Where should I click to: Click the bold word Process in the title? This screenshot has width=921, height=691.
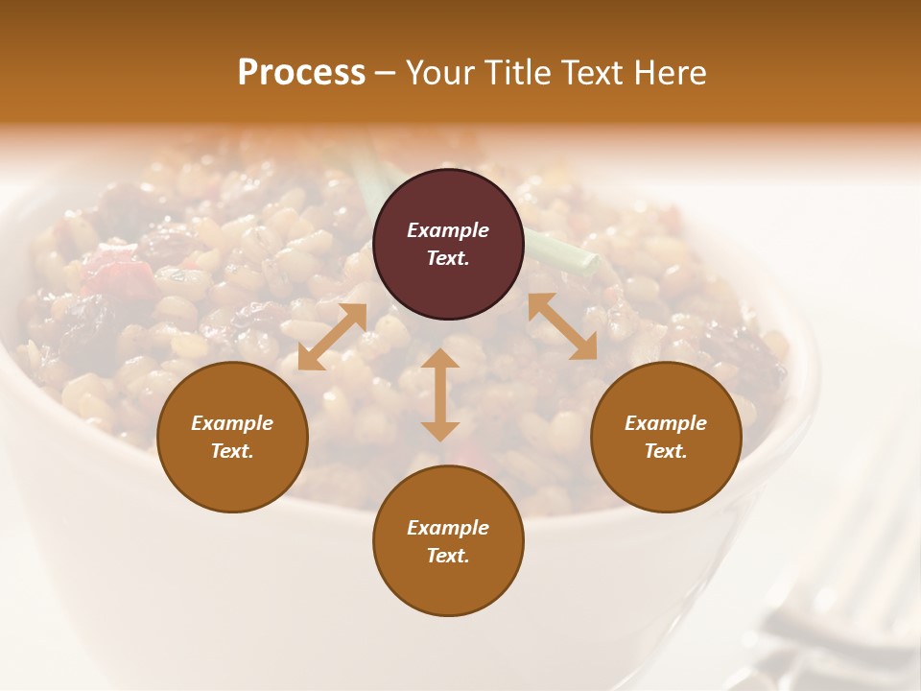[301, 72]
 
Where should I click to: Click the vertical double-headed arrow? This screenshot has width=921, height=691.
[440, 394]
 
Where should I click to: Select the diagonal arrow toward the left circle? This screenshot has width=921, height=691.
[332, 337]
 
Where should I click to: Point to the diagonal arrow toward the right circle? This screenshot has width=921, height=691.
[562, 326]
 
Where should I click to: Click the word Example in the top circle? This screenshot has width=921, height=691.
[448, 230]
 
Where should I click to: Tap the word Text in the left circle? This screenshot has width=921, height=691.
[232, 451]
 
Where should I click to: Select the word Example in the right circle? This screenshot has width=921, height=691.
[666, 423]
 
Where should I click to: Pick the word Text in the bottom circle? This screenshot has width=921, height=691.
[448, 556]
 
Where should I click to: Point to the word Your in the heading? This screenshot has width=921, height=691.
[437, 72]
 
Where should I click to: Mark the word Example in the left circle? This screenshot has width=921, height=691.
[232, 423]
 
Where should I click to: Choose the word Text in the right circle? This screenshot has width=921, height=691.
[666, 451]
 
